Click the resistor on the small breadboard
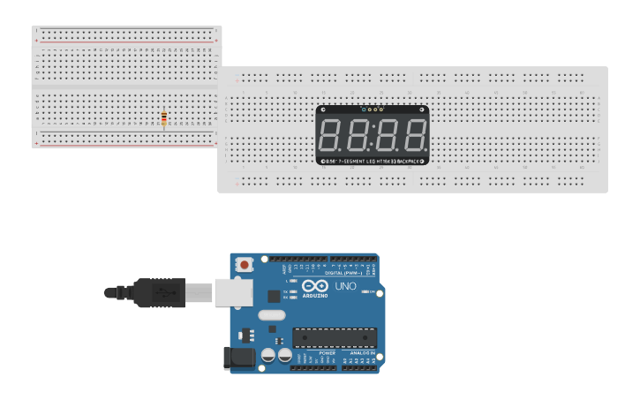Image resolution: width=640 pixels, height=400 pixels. coord(165,117)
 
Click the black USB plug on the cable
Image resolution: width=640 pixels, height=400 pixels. coord(159,292)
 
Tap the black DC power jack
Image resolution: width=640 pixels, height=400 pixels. coord(239,357)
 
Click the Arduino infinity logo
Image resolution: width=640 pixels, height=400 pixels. coord(315,286)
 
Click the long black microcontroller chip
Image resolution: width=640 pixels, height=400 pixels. coord(335,337)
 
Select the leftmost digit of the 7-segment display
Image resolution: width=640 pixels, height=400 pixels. coord(333,135)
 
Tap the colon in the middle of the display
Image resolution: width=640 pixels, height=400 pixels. coord(373,135)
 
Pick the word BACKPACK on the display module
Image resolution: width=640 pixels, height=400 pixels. coord(411,161)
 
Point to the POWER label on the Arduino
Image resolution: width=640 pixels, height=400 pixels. coord(315,352)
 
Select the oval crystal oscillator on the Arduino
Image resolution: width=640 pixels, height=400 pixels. coord(271,315)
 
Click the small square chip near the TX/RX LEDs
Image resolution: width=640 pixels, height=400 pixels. coord(275,295)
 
